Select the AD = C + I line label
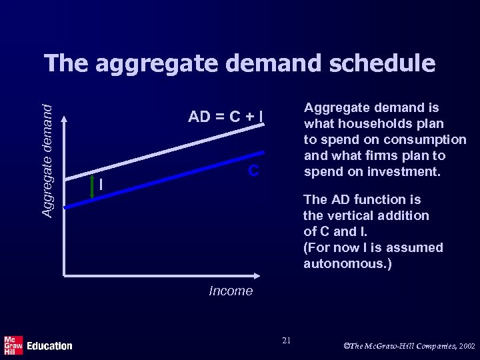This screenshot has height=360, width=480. coord(225,118)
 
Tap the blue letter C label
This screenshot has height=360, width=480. coord(253,171)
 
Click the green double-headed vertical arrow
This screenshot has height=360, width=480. coord(91,187)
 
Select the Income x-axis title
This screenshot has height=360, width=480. coord(231,291)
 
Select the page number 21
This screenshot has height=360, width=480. coord(286,341)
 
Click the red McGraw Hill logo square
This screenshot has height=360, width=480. coord(13,345)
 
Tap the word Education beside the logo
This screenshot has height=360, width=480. coord(49,346)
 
